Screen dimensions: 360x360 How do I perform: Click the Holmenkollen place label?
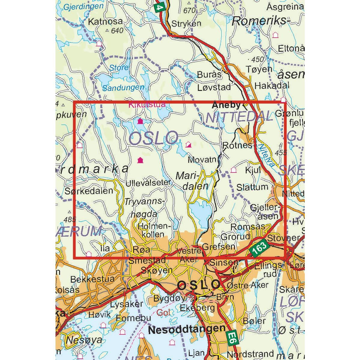tap(151, 229)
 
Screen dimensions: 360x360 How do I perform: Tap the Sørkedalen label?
tap(89, 190)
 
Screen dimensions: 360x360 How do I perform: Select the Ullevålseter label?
tap(148, 182)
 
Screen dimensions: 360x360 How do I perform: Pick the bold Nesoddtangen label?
tap(187, 329)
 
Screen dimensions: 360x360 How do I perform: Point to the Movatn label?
tap(202, 160)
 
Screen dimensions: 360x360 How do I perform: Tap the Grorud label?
tap(235, 237)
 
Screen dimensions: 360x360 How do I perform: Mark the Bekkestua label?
tap(92, 279)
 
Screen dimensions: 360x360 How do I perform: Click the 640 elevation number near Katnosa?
tap(117, 31)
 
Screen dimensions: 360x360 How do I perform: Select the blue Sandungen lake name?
tap(123, 87)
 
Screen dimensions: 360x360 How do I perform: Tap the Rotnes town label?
tap(237, 145)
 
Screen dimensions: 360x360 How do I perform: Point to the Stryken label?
tap(186, 23)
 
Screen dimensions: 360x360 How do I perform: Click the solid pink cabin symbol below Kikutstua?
tap(140, 121)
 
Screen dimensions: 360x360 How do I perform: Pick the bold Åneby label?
tap(226, 105)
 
